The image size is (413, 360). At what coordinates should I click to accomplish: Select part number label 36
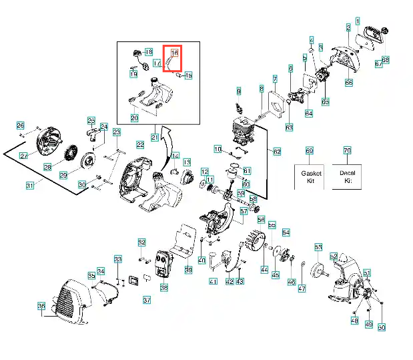41,307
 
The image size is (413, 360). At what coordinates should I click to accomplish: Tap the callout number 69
309,151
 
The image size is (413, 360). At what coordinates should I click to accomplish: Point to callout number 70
347,151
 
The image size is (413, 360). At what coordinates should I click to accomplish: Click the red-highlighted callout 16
175,52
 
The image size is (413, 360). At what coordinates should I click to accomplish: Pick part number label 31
30,185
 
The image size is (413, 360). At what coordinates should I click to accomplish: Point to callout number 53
318,247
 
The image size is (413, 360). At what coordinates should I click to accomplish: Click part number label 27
23,156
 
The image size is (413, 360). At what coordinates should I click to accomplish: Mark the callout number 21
155,138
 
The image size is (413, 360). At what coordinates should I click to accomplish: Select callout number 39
189,270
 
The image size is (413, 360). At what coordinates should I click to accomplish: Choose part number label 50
382,327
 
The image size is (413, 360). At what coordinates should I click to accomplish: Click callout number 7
274,79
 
